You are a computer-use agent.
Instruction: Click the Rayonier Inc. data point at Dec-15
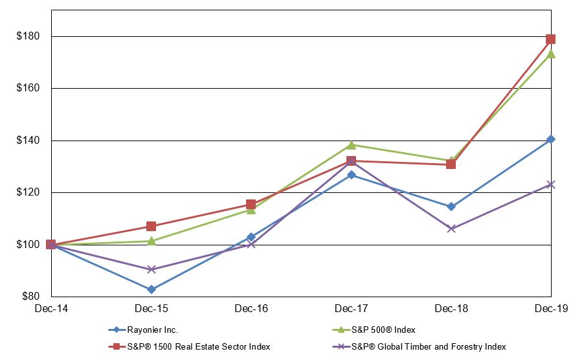(x=151, y=289)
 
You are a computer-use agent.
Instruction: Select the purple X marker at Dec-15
(x=151, y=269)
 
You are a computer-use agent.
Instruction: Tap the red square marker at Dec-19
(x=550, y=39)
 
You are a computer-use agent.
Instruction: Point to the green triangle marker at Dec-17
(x=351, y=144)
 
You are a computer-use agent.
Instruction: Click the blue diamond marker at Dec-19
(x=550, y=139)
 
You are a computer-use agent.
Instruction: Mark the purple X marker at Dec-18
(x=451, y=229)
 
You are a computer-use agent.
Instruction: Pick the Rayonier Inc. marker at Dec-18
(x=451, y=207)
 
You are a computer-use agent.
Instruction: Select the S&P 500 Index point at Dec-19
(x=550, y=54)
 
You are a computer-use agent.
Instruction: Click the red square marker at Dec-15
(x=151, y=226)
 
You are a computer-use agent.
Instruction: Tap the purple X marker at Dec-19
(x=550, y=185)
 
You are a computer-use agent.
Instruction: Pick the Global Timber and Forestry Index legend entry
(x=434, y=347)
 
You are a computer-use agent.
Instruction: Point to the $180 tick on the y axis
(x=28, y=36)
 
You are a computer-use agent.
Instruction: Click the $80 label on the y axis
(x=30, y=297)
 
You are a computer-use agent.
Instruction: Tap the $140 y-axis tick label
(x=28, y=141)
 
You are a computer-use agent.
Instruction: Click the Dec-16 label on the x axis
(x=251, y=309)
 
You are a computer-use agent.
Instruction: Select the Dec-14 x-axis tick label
(x=51, y=309)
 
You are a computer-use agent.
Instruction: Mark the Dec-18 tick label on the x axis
(x=451, y=309)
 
